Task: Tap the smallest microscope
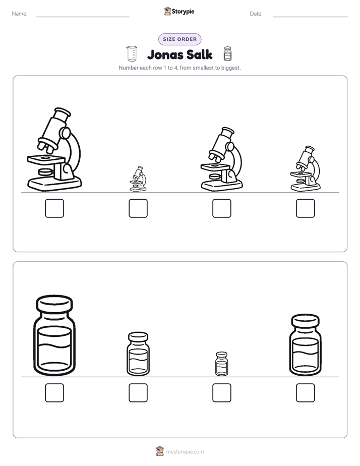[x=138, y=179]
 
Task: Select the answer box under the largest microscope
[x=54, y=208]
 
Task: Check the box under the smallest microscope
[x=138, y=208]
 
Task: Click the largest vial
[x=54, y=335]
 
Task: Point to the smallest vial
[x=221, y=364]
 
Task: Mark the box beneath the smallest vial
[x=221, y=392]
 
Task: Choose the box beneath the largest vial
[x=54, y=392]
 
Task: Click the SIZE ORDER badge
[x=179, y=39]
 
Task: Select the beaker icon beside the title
[x=132, y=53]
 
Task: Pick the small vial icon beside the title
[x=227, y=54]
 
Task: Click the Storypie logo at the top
[x=179, y=12]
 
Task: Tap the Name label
[x=20, y=14]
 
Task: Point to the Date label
[x=256, y=14]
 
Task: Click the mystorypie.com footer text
[x=185, y=452]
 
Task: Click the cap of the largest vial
[x=54, y=304]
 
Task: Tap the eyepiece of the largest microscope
[x=63, y=112]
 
